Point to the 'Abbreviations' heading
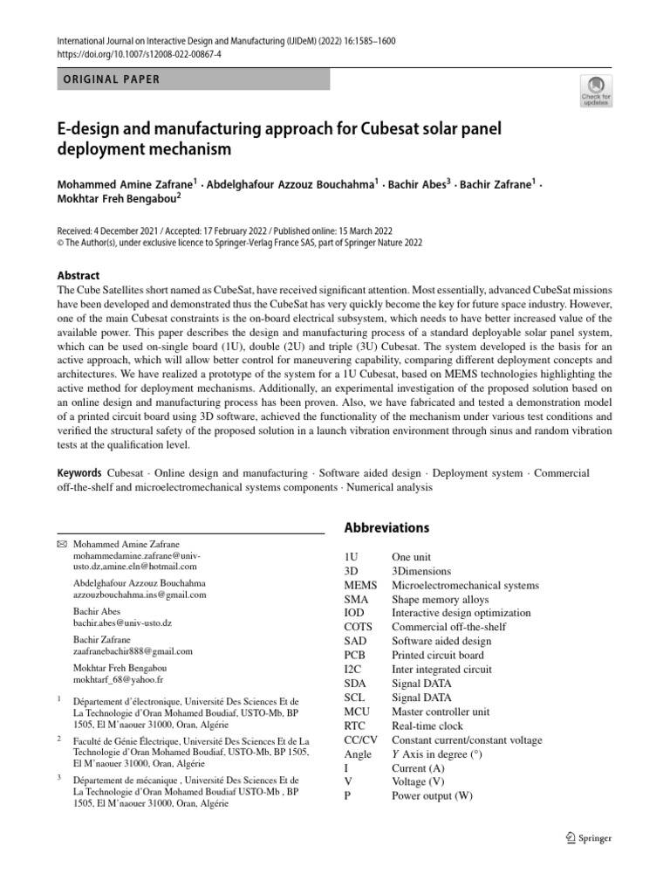click(386, 528)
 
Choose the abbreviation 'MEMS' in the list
click(361, 585)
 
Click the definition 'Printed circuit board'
click(436, 655)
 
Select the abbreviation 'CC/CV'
click(362, 739)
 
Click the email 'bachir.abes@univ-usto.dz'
click(122, 623)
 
